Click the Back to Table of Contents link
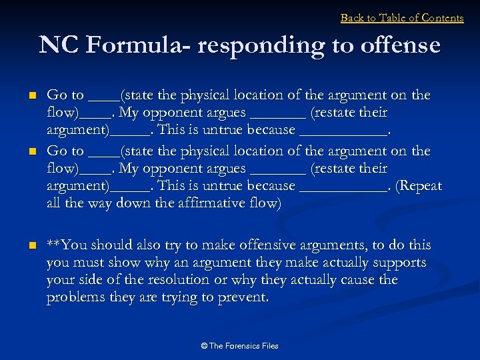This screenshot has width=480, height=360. point(401,18)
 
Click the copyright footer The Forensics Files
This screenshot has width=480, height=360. point(239,345)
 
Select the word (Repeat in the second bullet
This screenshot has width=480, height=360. point(419,185)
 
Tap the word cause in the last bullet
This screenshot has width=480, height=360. point(358,279)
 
